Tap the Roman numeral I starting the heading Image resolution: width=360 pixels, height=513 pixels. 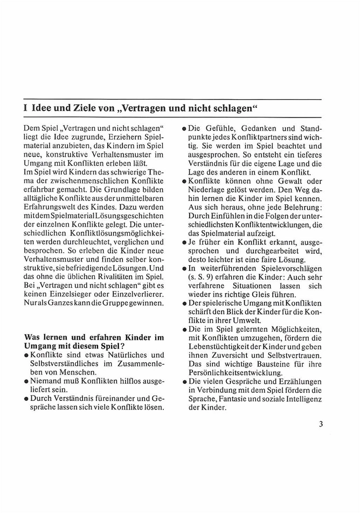tap(26, 107)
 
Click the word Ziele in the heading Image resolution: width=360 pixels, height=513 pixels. tap(79, 107)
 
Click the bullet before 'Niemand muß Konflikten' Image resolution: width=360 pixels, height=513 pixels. tap(27, 382)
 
